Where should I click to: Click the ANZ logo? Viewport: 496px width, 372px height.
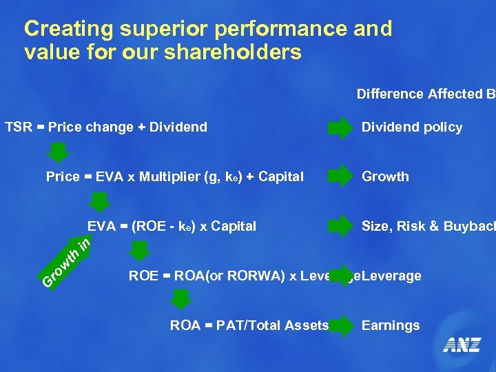point(462,345)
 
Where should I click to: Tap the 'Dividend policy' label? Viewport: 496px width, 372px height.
point(412,127)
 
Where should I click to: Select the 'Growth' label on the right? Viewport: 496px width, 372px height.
point(385,176)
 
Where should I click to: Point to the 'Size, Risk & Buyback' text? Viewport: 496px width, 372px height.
point(427,226)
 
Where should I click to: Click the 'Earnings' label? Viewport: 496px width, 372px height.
point(390,325)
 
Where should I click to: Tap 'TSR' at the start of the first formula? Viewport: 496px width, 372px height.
point(17,127)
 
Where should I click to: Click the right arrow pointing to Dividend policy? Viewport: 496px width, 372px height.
point(339,127)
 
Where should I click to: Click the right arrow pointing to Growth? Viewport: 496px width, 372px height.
point(339,176)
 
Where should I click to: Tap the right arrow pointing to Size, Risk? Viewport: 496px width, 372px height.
point(339,226)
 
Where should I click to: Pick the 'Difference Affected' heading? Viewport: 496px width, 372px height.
point(420,94)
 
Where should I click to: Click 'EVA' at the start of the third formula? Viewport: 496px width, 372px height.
point(101,226)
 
